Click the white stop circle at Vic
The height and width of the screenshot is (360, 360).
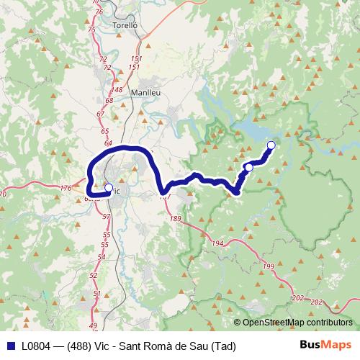click(109, 189)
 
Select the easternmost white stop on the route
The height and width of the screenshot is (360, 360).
click(271, 145)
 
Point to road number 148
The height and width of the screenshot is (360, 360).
click(118, 90)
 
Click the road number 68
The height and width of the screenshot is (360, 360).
click(109, 101)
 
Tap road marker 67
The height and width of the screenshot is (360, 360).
click(100, 114)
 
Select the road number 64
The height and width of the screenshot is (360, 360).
click(107, 143)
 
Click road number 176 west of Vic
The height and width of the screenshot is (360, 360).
click(66, 189)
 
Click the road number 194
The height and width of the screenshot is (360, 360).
click(218, 245)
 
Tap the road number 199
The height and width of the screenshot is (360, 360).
click(269, 267)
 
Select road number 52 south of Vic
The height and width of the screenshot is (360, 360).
click(94, 275)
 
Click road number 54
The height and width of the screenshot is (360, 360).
click(102, 256)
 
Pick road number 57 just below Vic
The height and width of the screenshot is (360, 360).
click(107, 216)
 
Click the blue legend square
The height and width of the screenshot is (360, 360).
click(10, 346)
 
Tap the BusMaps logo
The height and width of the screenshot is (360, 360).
click(326, 345)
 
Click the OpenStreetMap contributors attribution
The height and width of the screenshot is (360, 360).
click(297, 322)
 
